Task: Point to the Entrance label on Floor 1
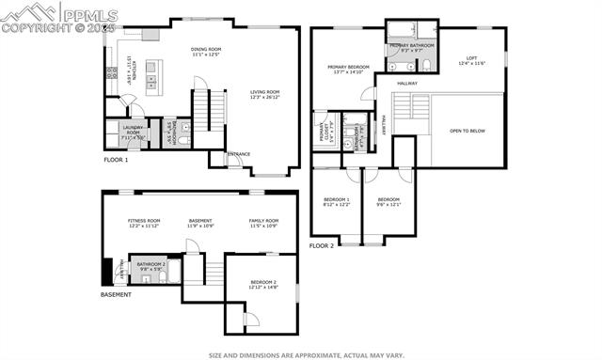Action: (x=239, y=154)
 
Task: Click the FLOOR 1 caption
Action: (x=116, y=160)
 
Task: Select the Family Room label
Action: (x=262, y=223)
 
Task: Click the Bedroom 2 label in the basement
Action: (x=263, y=284)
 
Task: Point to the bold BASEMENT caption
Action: (x=116, y=295)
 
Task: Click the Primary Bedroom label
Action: (x=347, y=69)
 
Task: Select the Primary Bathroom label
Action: (x=410, y=47)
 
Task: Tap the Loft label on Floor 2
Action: (x=471, y=61)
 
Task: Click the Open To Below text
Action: (x=467, y=131)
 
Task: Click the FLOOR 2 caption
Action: (x=322, y=245)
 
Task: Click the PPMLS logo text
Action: (x=90, y=13)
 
